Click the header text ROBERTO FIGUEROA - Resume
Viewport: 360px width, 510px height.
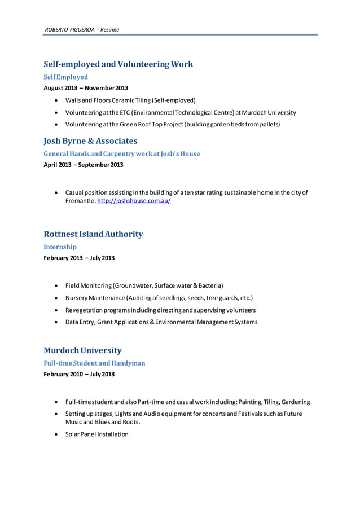(x=82, y=29)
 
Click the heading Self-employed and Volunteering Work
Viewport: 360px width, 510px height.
(x=118, y=64)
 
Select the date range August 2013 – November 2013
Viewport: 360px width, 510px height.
(x=86, y=88)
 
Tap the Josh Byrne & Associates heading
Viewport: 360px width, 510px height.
(x=90, y=141)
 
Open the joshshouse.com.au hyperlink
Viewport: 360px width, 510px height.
(x=134, y=201)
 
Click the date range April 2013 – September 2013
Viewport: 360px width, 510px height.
(x=84, y=165)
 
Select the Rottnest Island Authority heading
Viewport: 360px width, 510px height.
(x=93, y=234)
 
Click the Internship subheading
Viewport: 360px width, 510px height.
(x=60, y=247)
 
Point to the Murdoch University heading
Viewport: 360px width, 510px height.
(x=82, y=350)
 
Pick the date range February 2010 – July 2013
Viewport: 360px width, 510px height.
(x=79, y=374)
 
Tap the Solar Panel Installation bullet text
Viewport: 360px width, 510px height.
(x=96, y=434)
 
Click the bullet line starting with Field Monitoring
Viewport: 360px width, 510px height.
(x=144, y=285)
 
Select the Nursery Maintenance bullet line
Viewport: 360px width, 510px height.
(x=159, y=297)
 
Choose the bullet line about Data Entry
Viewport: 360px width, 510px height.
(x=161, y=322)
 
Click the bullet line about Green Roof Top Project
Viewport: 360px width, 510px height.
(x=172, y=124)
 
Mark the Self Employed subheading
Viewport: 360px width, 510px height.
(x=66, y=77)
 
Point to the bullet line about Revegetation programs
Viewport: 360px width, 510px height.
(x=160, y=310)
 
